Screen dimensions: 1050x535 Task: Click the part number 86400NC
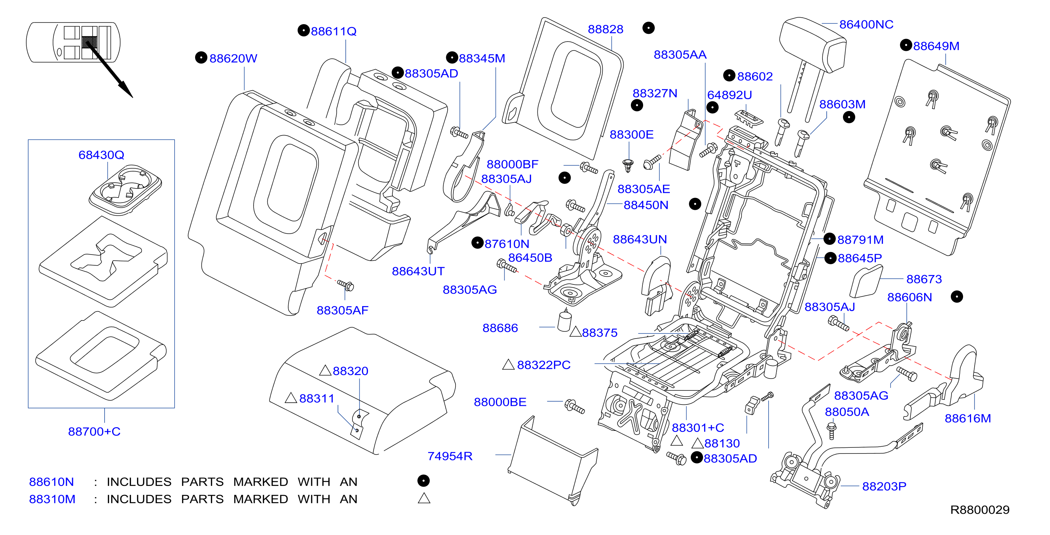click(x=866, y=25)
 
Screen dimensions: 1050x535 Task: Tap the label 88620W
click(x=233, y=58)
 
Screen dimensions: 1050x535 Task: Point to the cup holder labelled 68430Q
click(x=125, y=190)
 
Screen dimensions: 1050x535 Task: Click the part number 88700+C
click(x=94, y=432)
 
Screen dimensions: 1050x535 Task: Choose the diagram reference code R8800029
click(x=980, y=510)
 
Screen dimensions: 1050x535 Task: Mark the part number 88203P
click(x=884, y=486)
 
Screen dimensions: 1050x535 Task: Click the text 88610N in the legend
click(x=51, y=482)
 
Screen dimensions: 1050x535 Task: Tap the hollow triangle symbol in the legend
click(x=424, y=498)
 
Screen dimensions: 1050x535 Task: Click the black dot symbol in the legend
click(x=423, y=481)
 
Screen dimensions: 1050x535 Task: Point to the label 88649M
click(x=936, y=46)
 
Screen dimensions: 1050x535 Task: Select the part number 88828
click(x=605, y=29)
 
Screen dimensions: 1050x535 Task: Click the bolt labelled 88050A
click(x=831, y=431)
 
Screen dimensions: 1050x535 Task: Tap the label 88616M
click(x=968, y=418)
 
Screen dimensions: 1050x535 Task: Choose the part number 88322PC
click(x=544, y=365)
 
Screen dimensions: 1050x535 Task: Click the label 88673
click(x=924, y=279)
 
